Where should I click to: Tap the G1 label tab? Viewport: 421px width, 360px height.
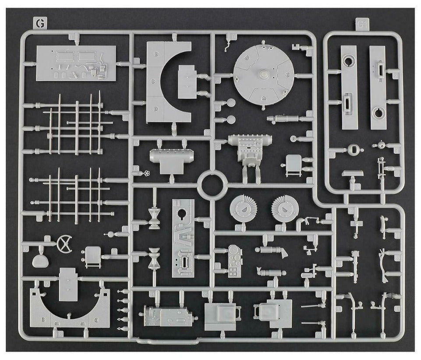pyautogui.click(x=362, y=24)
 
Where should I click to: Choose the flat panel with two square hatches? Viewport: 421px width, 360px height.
pyautogui.click(x=76, y=63)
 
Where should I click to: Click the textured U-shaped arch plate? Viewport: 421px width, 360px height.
pyautogui.click(x=68, y=310)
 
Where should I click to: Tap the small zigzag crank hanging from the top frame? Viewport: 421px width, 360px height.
pyautogui.click(x=228, y=45)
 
